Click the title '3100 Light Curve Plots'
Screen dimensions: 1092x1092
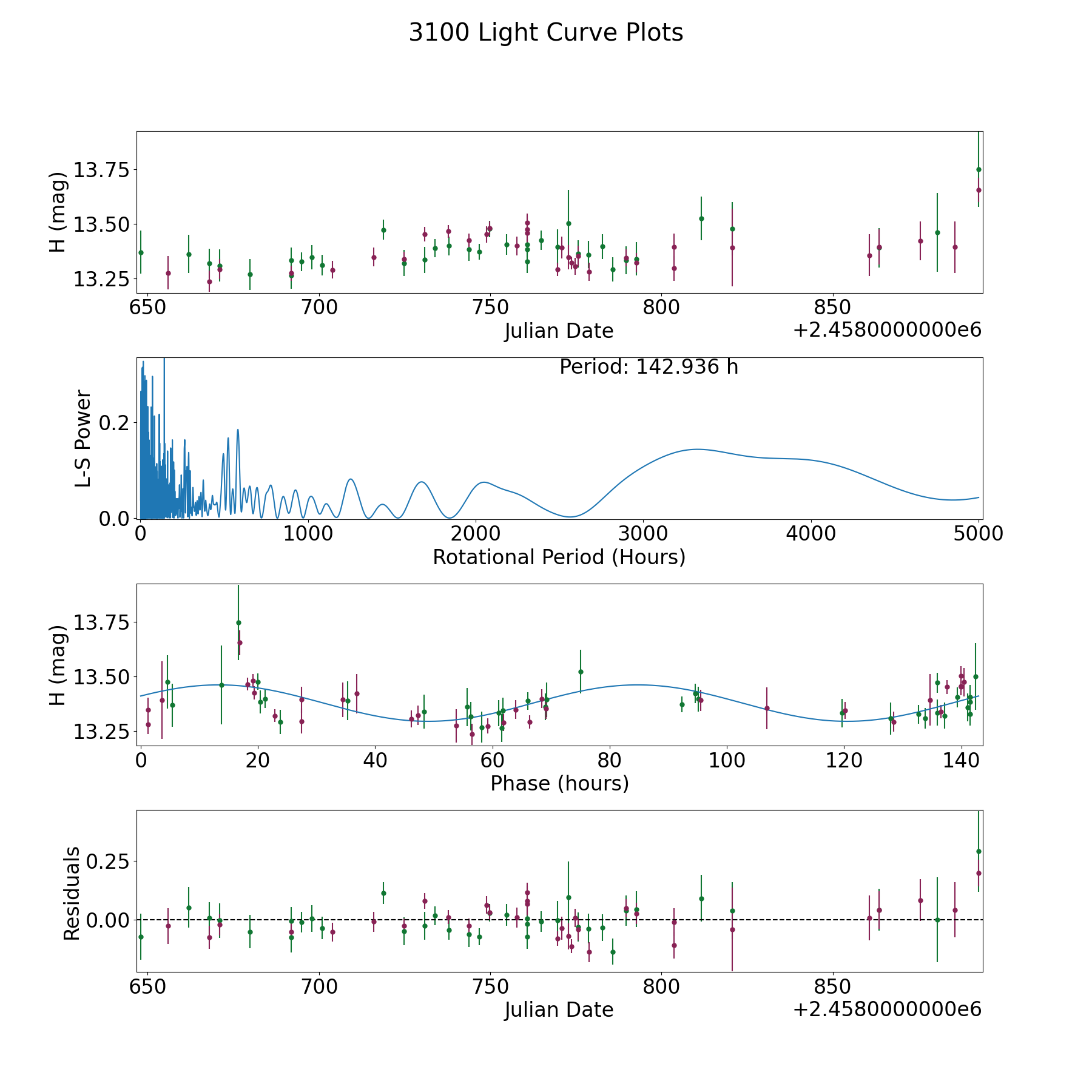tap(545, 33)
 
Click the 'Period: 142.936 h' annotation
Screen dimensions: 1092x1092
tap(649, 367)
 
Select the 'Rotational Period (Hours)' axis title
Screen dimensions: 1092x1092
tap(559, 557)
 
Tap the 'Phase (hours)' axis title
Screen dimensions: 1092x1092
tap(559, 783)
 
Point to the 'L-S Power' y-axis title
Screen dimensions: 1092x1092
tap(84, 438)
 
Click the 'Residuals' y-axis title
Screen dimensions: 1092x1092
tap(72, 894)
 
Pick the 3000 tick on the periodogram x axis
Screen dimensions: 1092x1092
tap(642, 534)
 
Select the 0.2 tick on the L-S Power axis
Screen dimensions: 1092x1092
tap(115, 422)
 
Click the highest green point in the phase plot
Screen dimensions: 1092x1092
tap(238, 622)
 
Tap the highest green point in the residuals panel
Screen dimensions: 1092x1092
tap(979, 851)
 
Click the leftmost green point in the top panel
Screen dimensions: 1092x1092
tap(141, 252)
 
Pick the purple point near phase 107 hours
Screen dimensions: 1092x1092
tap(767, 708)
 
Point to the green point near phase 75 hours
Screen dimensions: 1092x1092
tap(581, 672)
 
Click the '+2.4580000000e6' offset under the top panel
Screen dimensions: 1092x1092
tap(887, 330)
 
